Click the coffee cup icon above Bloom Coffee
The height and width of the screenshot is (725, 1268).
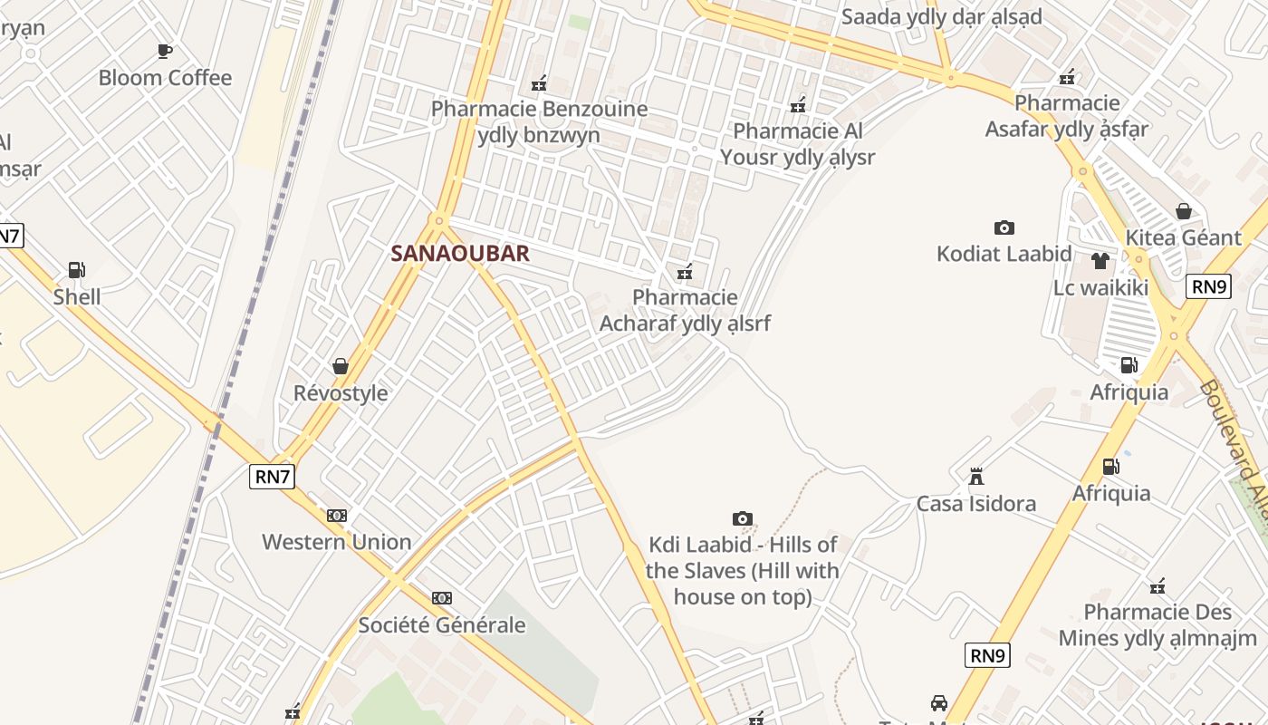point(164,51)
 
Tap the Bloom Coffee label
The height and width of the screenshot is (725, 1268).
point(165,78)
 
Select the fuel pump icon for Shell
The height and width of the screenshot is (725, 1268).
point(76,270)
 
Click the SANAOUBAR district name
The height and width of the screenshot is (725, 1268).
point(459,254)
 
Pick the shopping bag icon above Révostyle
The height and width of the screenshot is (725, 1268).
point(341,366)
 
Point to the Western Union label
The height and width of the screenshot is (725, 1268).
point(336,542)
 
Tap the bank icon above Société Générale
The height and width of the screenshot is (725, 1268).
point(441,598)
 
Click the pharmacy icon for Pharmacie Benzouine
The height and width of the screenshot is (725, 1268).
point(539,83)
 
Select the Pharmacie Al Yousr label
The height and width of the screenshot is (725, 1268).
point(797,144)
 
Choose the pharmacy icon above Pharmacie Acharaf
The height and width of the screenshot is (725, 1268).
point(685,271)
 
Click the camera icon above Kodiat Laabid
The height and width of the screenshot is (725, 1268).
point(1004,227)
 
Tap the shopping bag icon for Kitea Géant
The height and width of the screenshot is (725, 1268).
point(1183,211)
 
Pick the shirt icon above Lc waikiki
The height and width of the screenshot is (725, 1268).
point(1100,261)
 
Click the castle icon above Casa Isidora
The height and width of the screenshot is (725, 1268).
point(975,477)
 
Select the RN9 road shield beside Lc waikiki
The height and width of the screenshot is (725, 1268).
point(1208,286)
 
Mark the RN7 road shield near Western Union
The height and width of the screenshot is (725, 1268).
point(272,477)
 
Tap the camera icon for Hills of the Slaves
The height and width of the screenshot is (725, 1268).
point(742,518)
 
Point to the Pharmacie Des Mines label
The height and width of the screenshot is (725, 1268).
point(1158,624)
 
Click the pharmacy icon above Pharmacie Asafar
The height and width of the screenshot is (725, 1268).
point(1068,76)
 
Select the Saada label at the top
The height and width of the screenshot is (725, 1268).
point(941,17)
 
